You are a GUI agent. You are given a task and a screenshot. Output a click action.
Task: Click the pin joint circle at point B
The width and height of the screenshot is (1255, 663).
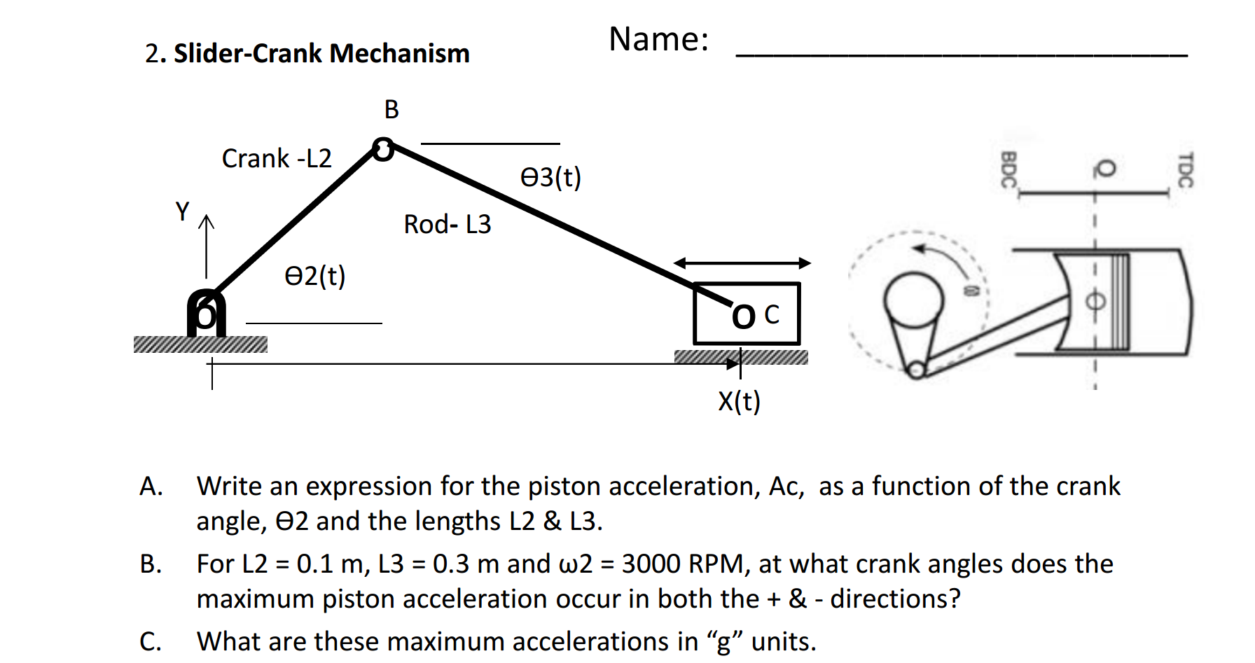click(383, 149)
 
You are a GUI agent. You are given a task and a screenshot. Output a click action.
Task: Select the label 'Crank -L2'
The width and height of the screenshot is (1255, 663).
click(277, 158)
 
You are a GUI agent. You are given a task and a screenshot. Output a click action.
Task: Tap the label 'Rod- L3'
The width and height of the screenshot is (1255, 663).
click(447, 224)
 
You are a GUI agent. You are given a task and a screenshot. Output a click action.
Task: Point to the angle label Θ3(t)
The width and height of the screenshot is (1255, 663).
click(550, 177)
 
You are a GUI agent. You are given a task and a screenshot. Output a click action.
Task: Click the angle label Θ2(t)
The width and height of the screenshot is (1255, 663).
click(314, 276)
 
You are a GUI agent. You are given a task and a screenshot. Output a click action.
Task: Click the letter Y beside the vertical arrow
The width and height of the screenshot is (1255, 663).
click(182, 211)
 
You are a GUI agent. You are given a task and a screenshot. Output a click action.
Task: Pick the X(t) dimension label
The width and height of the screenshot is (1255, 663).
click(739, 401)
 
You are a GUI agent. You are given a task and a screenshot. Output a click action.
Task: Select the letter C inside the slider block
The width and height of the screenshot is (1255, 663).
click(772, 314)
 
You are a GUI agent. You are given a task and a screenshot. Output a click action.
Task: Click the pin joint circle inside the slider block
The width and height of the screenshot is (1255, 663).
click(743, 317)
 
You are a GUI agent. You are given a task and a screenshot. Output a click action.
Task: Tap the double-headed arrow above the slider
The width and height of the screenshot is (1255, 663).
click(742, 263)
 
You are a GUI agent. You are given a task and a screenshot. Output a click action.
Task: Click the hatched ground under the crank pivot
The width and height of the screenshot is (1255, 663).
click(200, 344)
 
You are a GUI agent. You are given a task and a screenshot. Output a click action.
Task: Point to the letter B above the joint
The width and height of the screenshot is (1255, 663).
click(391, 110)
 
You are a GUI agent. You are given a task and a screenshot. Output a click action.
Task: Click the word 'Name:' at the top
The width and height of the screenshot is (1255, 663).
click(658, 39)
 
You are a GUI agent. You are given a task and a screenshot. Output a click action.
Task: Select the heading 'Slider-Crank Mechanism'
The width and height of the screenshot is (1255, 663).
click(321, 53)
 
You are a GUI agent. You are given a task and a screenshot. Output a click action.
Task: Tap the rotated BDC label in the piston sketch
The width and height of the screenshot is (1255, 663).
click(1008, 170)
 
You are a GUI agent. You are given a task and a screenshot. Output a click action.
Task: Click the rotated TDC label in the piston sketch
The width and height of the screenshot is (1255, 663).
click(1184, 170)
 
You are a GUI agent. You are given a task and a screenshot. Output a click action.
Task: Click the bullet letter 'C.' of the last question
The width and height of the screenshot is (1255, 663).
click(151, 641)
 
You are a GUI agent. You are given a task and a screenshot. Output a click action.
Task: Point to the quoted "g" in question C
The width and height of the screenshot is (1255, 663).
click(725, 641)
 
